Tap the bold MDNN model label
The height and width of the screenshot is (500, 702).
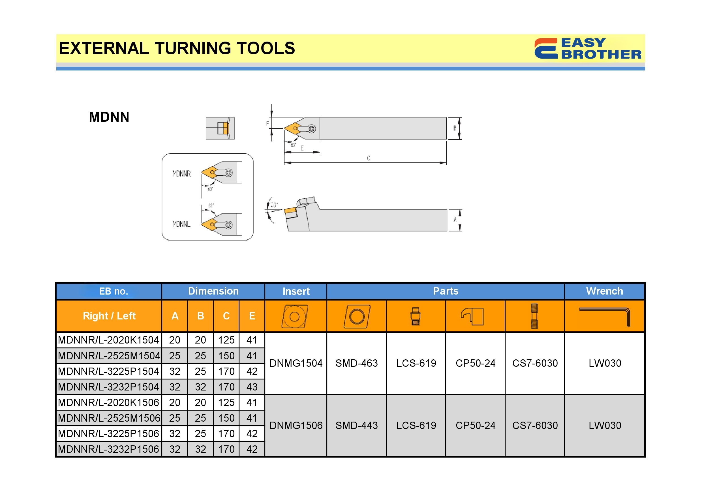109,117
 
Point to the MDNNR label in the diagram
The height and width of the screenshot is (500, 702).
182,174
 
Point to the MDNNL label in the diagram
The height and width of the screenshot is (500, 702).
181,224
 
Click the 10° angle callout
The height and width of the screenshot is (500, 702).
274,205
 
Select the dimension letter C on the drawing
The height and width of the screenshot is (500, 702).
368,158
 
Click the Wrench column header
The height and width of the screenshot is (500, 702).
604,291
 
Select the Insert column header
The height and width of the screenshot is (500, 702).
296,291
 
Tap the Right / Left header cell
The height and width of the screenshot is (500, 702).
109,316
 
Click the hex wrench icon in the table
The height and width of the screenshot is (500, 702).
605,316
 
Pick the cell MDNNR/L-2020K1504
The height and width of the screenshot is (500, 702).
108,340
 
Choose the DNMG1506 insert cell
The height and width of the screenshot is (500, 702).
296,426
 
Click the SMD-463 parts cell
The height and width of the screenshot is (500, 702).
357,363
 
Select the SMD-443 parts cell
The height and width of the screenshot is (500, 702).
357,426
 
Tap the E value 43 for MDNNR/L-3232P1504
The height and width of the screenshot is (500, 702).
252,387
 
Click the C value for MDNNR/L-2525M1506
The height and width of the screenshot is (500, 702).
226,418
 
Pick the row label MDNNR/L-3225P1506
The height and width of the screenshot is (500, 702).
108,434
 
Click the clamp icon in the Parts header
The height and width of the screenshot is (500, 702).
472,316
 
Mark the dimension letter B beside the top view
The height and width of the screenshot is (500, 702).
455,128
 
